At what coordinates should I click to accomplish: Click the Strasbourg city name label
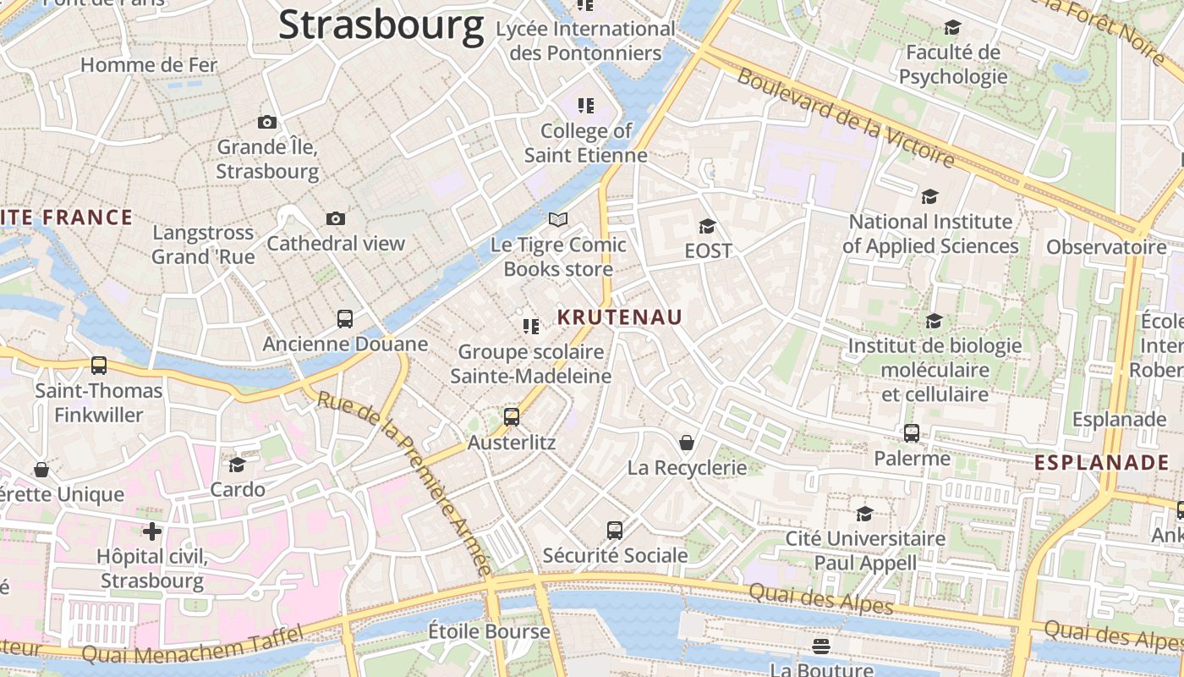[381, 25]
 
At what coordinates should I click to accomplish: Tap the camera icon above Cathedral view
[336, 219]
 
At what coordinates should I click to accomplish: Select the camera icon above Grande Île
[267, 123]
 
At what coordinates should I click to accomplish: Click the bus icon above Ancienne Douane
[345, 319]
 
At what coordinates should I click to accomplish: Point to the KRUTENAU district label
[620, 317]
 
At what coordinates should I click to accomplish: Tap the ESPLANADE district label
[1102, 463]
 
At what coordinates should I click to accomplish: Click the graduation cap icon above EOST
[707, 226]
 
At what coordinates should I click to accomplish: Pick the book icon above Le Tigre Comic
[558, 220]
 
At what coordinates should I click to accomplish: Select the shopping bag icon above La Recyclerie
[687, 443]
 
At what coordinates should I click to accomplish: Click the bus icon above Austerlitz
[512, 416]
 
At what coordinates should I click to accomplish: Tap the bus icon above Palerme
[912, 433]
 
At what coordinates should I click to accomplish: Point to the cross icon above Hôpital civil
[152, 531]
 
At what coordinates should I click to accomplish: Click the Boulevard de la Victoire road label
[846, 118]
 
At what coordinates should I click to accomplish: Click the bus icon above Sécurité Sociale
[615, 531]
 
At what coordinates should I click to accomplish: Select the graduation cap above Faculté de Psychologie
[952, 28]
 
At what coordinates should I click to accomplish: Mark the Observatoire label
[1106, 247]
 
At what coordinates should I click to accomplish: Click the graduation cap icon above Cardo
[237, 465]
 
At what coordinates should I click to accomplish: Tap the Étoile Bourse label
[489, 631]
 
